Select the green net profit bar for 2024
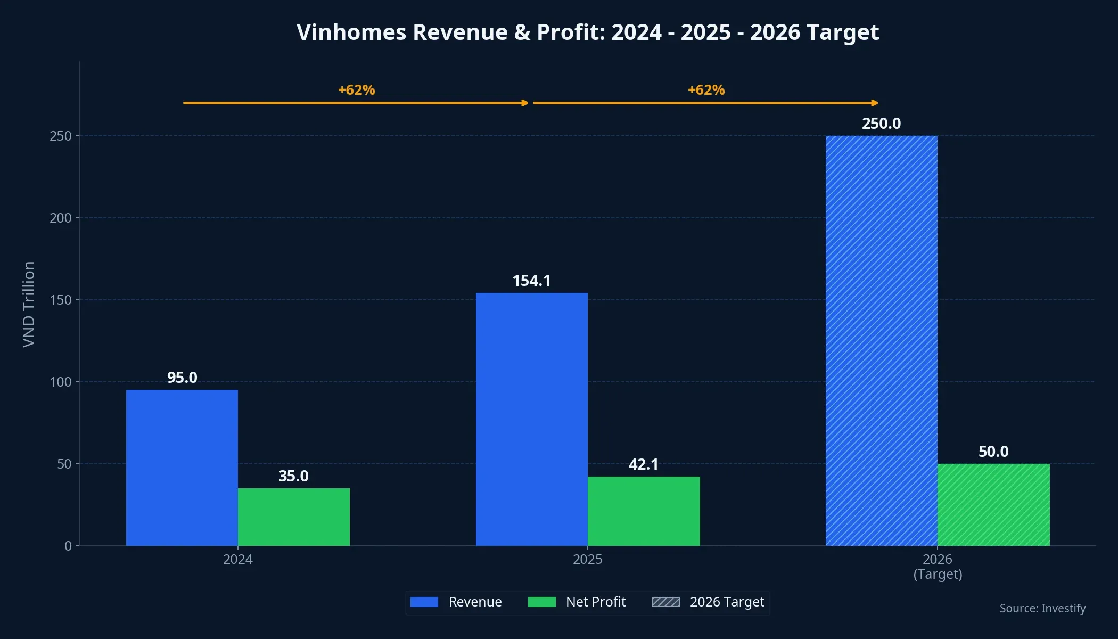293,517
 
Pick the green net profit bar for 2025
643,511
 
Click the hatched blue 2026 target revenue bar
881,341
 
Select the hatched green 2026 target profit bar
993,504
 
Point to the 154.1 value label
531,281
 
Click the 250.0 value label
881,124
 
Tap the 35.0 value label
293,476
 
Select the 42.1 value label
643,464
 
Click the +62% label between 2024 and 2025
356,90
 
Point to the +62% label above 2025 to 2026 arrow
706,90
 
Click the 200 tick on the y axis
60,218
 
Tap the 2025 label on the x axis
587,559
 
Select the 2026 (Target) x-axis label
937,567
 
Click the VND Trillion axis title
29,304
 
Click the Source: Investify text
1042,608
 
